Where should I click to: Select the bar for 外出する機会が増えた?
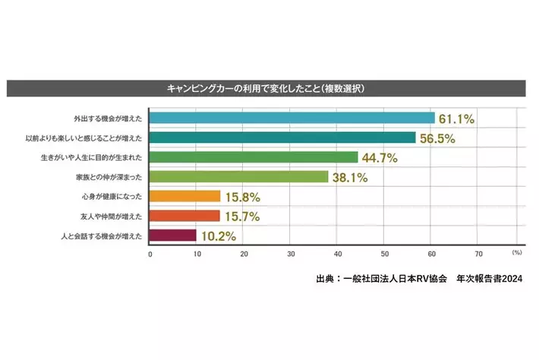click(x=292, y=118)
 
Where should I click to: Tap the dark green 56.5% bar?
click(x=283, y=137)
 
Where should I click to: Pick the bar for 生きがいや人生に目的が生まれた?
click(x=254, y=157)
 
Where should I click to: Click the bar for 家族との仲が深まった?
click(x=239, y=177)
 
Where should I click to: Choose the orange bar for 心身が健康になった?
click(x=185, y=196)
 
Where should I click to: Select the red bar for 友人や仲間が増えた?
click(x=185, y=216)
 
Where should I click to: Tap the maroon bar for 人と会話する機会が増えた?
click(x=173, y=235)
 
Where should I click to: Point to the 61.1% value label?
click(x=457, y=118)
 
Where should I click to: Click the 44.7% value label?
click(x=380, y=157)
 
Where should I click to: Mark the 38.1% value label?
click(x=350, y=177)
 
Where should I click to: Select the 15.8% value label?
click(x=242, y=196)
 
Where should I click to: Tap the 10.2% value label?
click(x=218, y=235)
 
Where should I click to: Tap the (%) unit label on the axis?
click(x=517, y=251)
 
